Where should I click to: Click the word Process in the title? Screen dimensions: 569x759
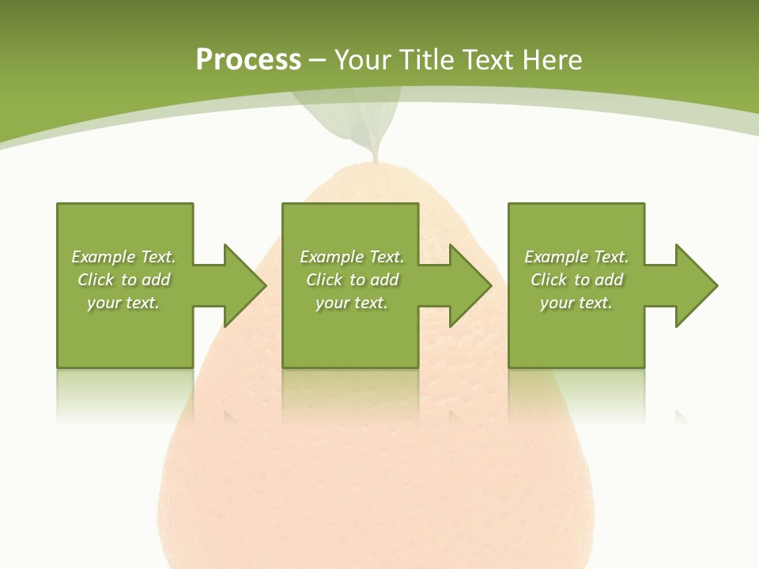pos(248,60)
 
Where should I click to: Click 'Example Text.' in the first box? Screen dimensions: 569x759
pos(123,257)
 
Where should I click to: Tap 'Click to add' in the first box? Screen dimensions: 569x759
pos(123,280)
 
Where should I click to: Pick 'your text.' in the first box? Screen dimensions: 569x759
pos(123,303)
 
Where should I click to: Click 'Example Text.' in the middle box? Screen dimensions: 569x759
pos(352,257)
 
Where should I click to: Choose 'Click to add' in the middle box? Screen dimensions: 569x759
pos(352,280)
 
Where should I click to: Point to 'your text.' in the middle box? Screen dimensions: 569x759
pos(352,303)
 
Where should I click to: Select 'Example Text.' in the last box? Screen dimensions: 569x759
pos(576,257)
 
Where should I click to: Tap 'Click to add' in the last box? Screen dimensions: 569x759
pos(576,280)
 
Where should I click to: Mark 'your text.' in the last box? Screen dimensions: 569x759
pos(576,303)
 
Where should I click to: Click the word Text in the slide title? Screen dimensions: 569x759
pos(487,60)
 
